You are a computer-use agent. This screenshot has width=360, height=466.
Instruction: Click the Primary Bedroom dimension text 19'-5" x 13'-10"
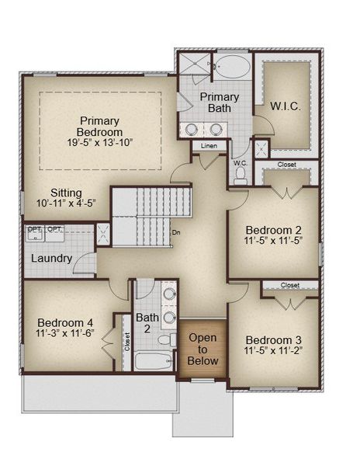pos(100,143)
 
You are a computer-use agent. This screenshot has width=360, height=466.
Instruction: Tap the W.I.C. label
pos(286,106)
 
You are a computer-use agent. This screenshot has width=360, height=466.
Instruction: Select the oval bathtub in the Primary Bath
pos(233,66)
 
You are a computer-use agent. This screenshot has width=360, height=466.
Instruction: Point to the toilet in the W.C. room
pos(240,176)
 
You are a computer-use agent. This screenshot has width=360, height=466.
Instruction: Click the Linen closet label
pos(209,146)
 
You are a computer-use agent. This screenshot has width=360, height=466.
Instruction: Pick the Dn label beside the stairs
pos(176,232)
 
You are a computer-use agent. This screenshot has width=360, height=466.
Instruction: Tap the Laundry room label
pos(52,259)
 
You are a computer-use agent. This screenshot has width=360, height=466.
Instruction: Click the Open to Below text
pos(202,349)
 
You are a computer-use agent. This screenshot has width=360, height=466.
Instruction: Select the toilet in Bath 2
pos(167,339)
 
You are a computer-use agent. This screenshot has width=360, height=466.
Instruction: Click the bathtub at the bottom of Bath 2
pos(154,361)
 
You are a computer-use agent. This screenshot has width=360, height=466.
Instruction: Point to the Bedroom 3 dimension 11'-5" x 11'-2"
pos(273,351)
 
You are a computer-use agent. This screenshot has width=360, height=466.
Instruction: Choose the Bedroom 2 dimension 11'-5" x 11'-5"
pos(273,241)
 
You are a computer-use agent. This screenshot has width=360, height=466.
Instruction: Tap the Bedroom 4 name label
pos(65,323)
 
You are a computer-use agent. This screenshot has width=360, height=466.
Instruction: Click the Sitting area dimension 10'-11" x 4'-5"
pos(66,203)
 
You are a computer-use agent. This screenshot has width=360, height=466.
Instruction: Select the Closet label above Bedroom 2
pos(287,165)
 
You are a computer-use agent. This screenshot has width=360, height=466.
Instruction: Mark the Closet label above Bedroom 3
pos(290,285)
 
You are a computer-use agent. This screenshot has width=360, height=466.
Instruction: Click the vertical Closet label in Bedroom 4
pos(127,342)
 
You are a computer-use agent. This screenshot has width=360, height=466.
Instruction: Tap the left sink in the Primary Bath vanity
pos(191,129)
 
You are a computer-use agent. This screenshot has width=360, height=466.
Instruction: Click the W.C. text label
pos(241,163)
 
